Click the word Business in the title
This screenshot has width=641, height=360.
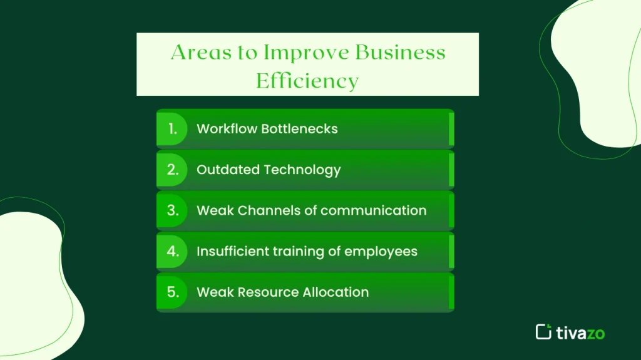(x=401, y=53)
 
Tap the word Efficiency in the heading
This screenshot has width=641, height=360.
(x=307, y=81)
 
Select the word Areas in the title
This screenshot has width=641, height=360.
(x=199, y=53)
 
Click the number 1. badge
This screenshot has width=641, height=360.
(x=172, y=129)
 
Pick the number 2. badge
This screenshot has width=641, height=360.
(x=172, y=170)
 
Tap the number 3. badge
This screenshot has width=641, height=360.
(x=172, y=210)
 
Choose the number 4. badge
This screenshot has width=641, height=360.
(x=172, y=251)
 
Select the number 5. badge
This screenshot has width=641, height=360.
(x=172, y=292)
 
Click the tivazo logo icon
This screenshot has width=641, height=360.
(x=543, y=332)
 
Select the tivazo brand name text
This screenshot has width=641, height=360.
(x=580, y=332)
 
